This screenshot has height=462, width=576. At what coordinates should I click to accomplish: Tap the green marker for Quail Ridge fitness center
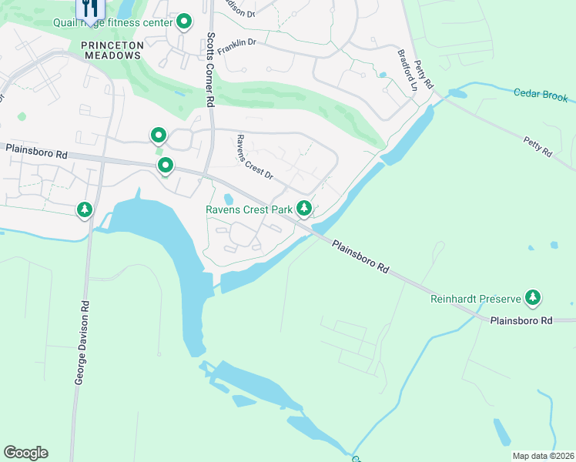(183, 21)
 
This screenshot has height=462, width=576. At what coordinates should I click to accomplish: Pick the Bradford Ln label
(407, 72)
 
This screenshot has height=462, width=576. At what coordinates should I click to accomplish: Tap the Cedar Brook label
(541, 95)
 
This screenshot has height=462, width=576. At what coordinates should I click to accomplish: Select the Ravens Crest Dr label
(254, 157)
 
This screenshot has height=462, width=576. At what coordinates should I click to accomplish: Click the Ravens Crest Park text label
(249, 209)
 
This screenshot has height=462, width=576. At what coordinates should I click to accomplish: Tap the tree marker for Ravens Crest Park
(304, 207)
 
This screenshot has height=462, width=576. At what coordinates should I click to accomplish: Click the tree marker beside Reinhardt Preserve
(532, 296)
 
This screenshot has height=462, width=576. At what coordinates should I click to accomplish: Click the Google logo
(25, 453)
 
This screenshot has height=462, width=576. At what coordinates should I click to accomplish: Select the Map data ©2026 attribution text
(542, 456)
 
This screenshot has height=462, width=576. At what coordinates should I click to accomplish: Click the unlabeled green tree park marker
(84, 209)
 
